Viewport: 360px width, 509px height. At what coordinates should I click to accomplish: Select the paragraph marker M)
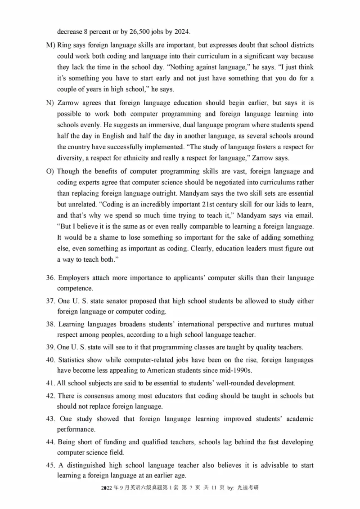click(x=50, y=46)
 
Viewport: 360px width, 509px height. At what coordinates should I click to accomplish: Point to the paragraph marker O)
click(x=50, y=171)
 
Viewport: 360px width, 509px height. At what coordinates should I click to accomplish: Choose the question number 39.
click(x=50, y=347)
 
